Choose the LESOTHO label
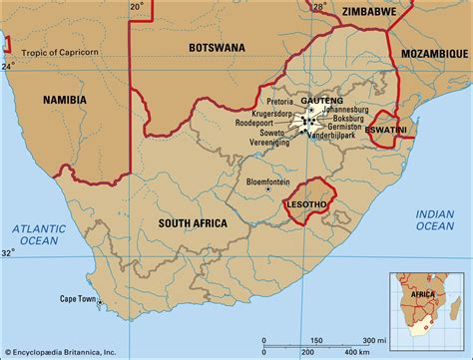[307, 202]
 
